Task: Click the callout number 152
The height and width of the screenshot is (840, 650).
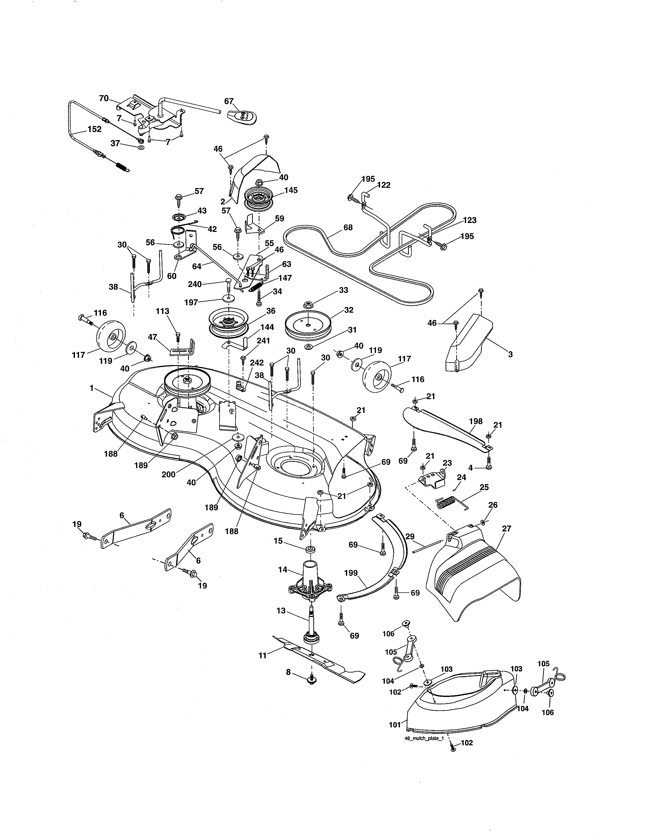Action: coord(94,129)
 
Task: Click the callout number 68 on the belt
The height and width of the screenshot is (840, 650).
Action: coord(348,227)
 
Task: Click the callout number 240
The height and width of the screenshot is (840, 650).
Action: coord(195,284)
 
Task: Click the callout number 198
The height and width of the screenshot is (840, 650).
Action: coord(476,421)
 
